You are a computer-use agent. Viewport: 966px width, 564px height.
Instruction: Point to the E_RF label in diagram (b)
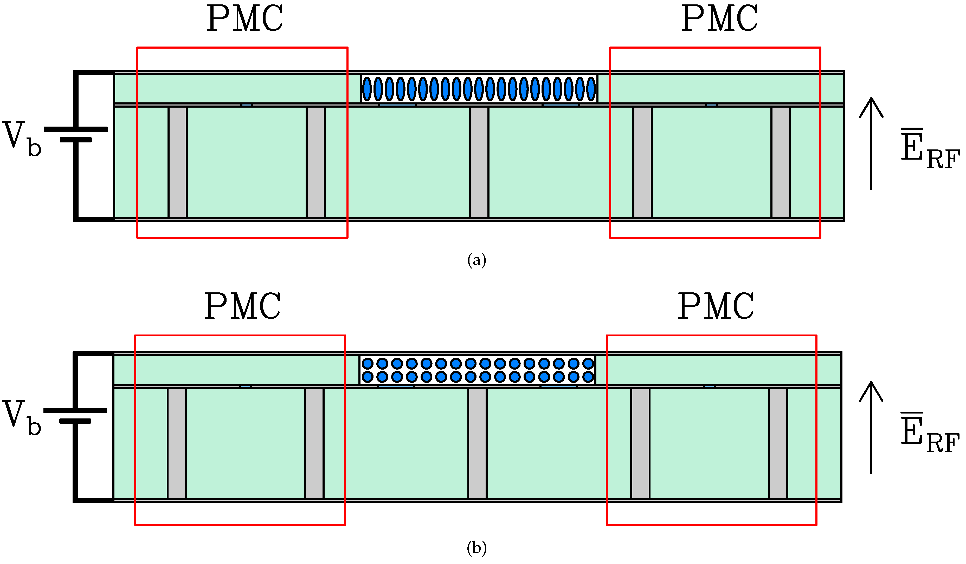[x=929, y=433]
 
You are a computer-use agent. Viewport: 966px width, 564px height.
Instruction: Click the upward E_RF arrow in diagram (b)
[x=871, y=428]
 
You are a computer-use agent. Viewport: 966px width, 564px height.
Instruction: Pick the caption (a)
[x=476, y=260]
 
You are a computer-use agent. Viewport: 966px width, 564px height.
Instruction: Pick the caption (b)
[x=476, y=548]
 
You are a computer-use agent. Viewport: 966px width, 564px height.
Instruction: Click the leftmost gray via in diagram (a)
[x=177, y=162]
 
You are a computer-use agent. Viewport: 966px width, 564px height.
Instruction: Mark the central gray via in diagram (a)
[x=479, y=162]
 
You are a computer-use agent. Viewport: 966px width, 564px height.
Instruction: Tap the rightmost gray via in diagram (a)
[x=781, y=162]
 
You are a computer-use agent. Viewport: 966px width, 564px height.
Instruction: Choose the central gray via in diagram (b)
[x=477, y=444]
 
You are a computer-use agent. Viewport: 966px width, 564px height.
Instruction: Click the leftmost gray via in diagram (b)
[x=177, y=444]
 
